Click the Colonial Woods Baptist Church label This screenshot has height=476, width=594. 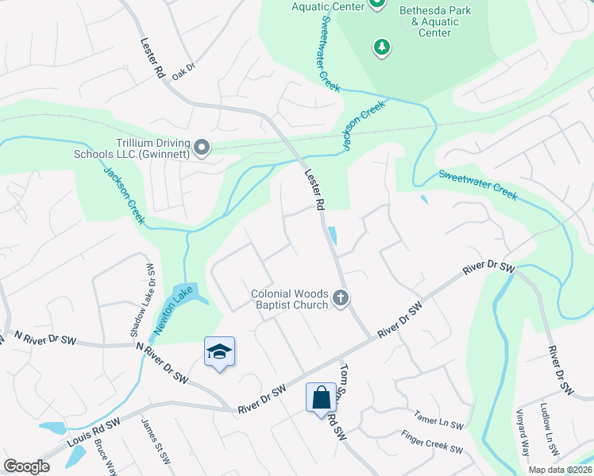click(x=290, y=299)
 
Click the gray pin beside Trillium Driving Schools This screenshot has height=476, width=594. click(x=202, y=148)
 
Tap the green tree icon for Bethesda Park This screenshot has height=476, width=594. click(x=382, y=48)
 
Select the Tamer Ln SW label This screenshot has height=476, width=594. click(x=438, y=420)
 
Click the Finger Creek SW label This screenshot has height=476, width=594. click(x=432, y=443)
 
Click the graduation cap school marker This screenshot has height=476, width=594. click(x=219, y=352)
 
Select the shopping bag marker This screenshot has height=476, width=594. click(x=322, y=397)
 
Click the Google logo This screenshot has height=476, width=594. click(x=26, y=466)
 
